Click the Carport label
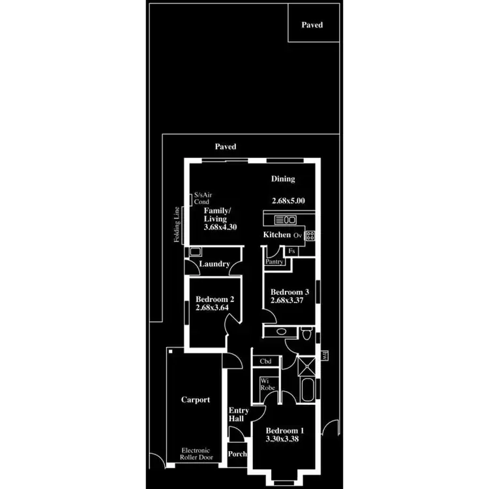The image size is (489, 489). click(195, 400)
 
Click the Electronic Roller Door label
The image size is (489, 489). click(196, 454)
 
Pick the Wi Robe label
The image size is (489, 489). click(268, 383)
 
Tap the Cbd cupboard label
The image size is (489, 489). click(266, 361)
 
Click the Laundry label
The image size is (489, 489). click(215, 264)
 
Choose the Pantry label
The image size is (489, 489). click(274, 261)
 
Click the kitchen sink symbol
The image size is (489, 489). click(286, 219)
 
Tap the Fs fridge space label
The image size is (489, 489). click(291, 250)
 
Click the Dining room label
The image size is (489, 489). click(283, 179)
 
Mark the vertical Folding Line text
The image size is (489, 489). click(176, 225)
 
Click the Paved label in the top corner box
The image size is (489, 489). click(312, 25)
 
